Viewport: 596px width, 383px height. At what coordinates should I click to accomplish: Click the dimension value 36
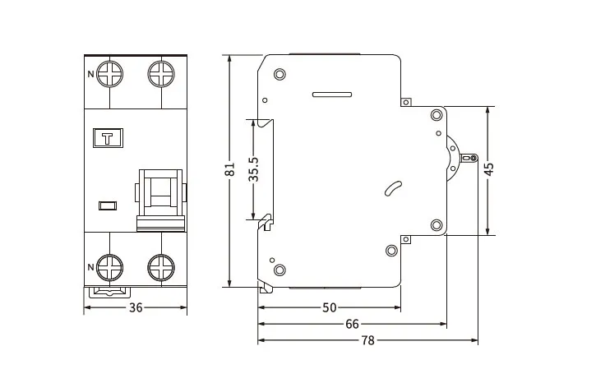pos(136,308)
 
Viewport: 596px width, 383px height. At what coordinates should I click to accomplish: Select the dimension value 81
pos(231,171)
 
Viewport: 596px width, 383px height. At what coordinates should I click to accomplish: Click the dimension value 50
pos(329,308)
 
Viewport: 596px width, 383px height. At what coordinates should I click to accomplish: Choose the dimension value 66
pos(352,325)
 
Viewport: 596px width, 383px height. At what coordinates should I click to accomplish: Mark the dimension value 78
pos(367,340)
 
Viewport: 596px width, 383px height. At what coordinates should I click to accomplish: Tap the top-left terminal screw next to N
pos(109,75)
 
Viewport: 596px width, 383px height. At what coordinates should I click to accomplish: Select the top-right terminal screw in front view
pos(160,75)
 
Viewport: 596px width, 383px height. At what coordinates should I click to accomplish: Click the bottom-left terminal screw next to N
pos(109,266)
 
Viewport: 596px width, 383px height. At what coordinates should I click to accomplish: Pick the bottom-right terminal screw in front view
pos(160,266)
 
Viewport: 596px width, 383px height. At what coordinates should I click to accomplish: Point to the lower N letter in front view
pos(90,266)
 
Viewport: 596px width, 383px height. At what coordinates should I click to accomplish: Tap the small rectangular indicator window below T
pos(107,204)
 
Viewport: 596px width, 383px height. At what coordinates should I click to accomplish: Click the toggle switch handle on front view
pos(160,197)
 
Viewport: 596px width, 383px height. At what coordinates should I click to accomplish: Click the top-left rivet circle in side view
pos(280,75)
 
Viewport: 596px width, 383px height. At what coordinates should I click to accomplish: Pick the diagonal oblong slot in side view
pos(392,188)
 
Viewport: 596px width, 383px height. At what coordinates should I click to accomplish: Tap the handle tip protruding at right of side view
pos(470,158)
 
